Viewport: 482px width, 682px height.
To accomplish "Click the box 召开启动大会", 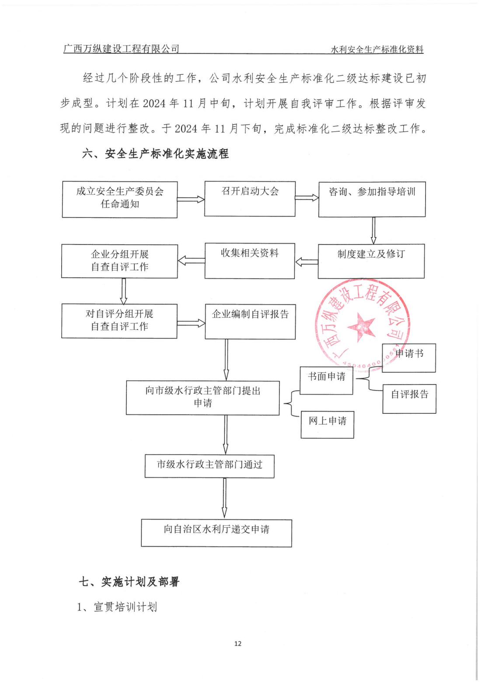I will point(250,198).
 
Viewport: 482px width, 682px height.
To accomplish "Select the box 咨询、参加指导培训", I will point(372,199).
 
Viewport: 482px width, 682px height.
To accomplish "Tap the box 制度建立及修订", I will point(371,261).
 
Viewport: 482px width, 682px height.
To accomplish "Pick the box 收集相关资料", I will point(250,261).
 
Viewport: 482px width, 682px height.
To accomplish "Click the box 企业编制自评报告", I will point(250,322).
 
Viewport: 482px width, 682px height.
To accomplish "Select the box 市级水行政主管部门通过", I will point(210,465).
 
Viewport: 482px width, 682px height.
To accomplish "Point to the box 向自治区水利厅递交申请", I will point(216,532).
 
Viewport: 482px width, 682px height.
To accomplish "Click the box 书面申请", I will point(326,381).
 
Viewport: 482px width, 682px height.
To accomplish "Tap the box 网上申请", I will point(327,424).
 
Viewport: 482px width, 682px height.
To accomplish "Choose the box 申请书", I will point(409,358).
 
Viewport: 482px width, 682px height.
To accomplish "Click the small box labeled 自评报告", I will point(409,398).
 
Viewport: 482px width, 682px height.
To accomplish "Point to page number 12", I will point(238,643).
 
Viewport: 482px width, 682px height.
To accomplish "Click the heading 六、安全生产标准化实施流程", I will point(155,154).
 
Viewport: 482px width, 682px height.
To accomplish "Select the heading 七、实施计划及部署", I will point(129,581).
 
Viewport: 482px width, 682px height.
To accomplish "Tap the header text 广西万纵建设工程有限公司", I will point(121,49).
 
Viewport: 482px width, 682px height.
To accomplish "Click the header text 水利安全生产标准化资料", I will point(377,49).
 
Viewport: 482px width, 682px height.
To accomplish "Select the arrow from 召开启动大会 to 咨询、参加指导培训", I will point(307,198).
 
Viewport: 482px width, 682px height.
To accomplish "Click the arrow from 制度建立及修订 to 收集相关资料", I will point(306,262).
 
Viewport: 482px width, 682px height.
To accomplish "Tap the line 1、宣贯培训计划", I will point(117,607).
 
